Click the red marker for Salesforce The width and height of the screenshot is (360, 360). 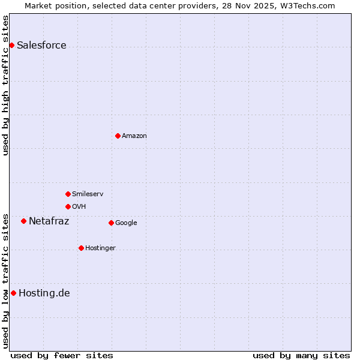[11, 45]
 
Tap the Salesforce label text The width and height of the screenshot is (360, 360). [41, 46]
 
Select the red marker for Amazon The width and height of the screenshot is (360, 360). [118, 136]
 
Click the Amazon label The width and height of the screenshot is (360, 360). [134, 136]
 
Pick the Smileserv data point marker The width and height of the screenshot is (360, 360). [68, 194]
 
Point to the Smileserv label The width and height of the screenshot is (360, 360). [88, 194]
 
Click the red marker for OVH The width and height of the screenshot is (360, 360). [68, 206]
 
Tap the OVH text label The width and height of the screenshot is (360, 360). [79, 207]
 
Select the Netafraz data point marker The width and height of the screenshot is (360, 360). [23, 221]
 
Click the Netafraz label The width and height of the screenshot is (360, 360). [49, 221]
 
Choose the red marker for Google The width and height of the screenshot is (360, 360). [111, 223]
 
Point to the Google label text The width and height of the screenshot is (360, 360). [126, 223]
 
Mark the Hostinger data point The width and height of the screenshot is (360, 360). [81, 248]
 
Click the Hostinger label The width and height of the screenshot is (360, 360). [100, 248]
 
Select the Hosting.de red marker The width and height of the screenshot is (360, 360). [13, 293]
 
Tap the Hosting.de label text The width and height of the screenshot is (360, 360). [44, 293]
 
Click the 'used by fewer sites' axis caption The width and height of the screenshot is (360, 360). [62, 355]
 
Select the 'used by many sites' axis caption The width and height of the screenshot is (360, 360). [301, 355]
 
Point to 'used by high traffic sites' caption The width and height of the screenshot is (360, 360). [5, 85]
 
